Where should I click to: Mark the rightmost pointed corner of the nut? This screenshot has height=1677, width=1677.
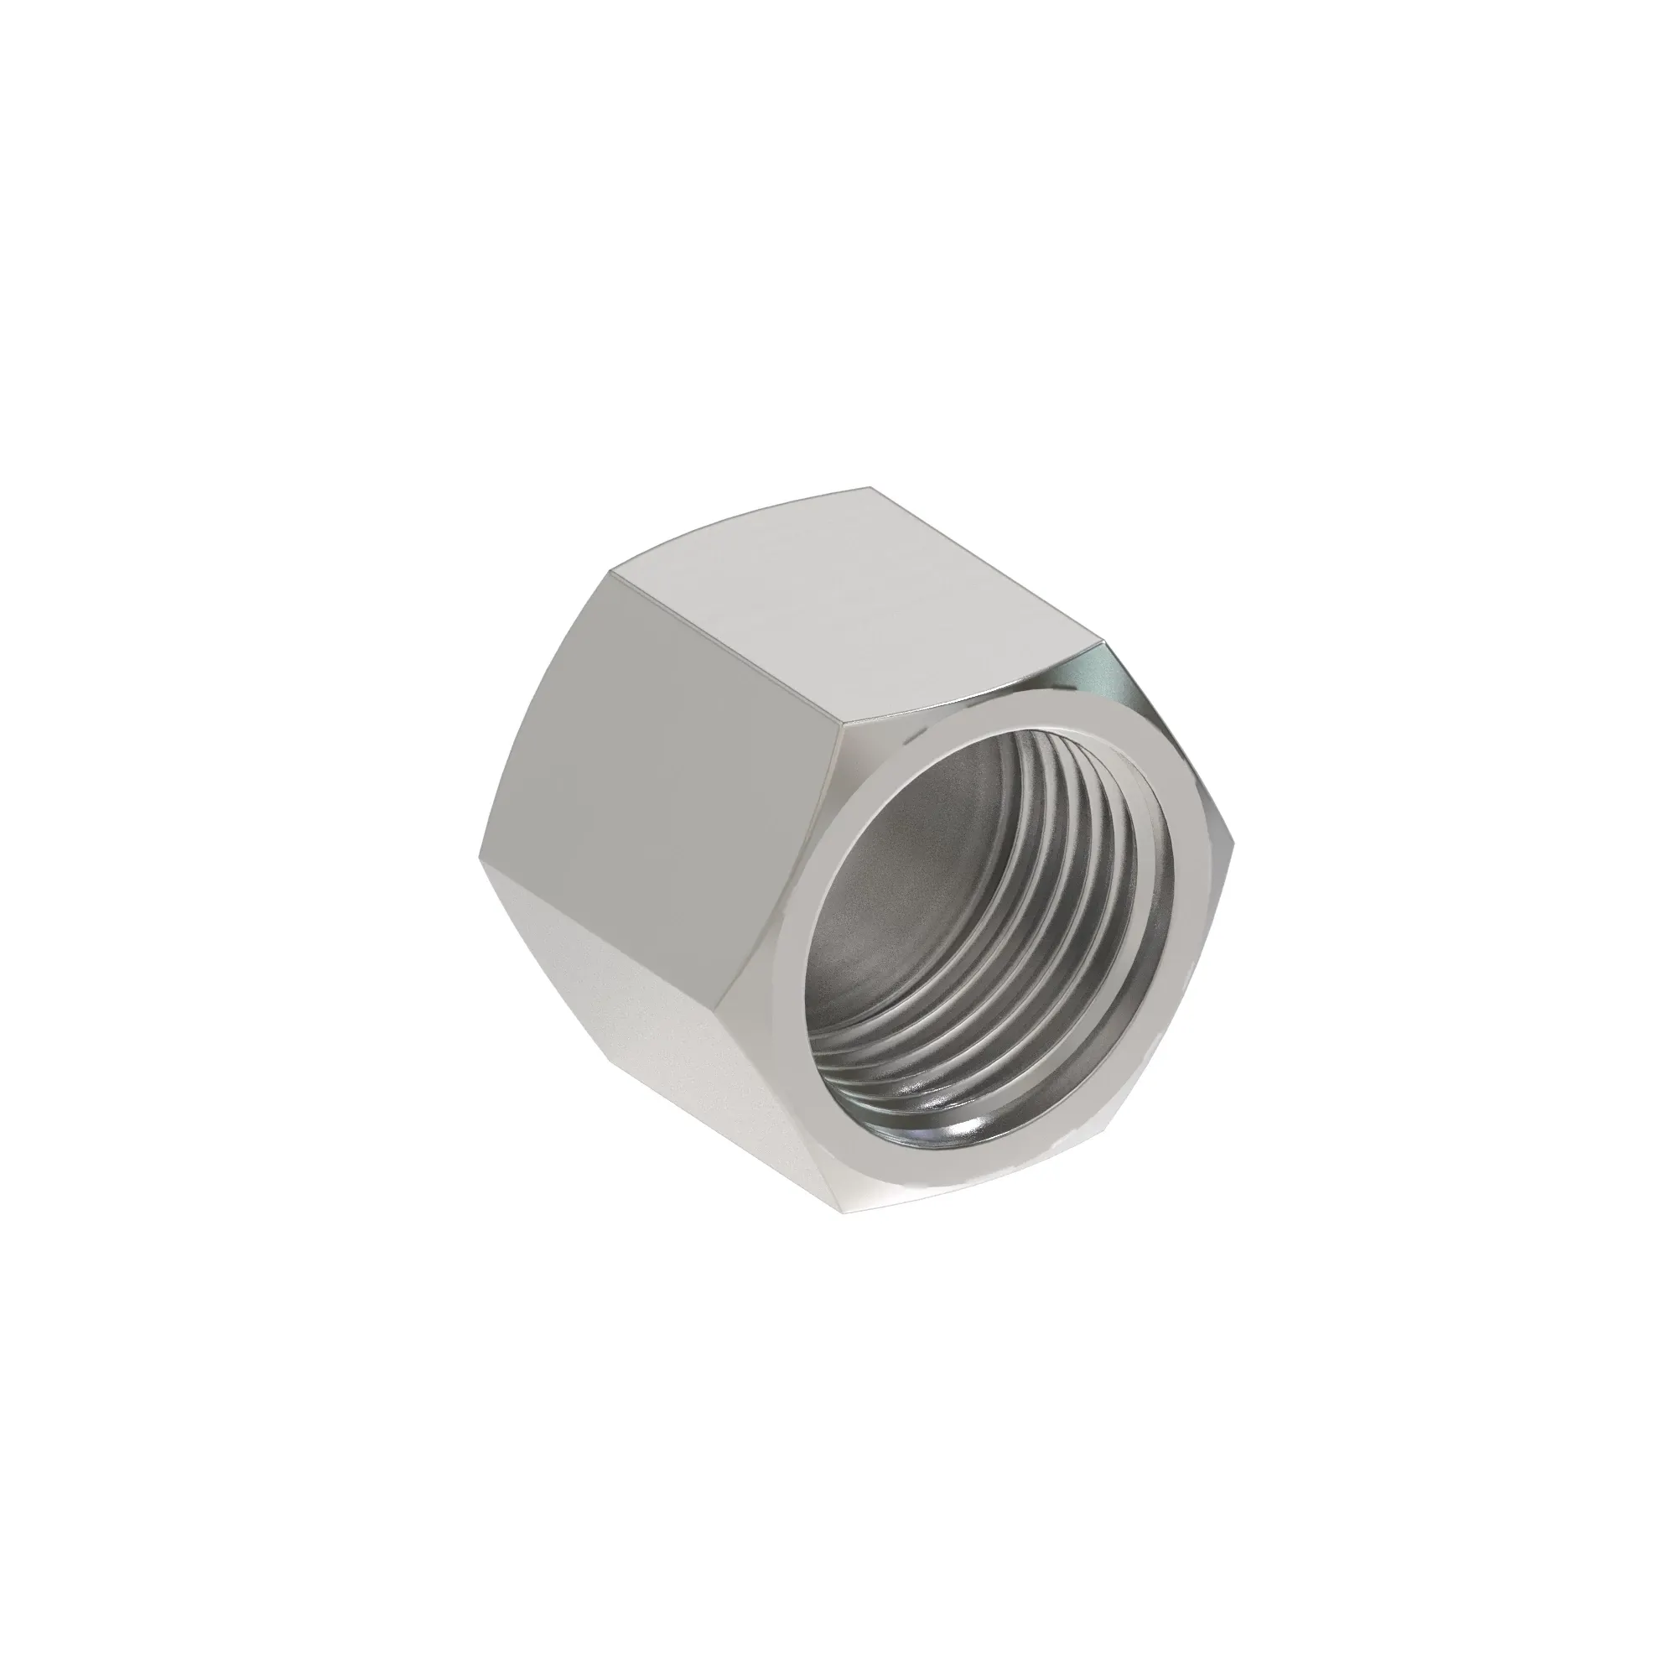click(1234, 850)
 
